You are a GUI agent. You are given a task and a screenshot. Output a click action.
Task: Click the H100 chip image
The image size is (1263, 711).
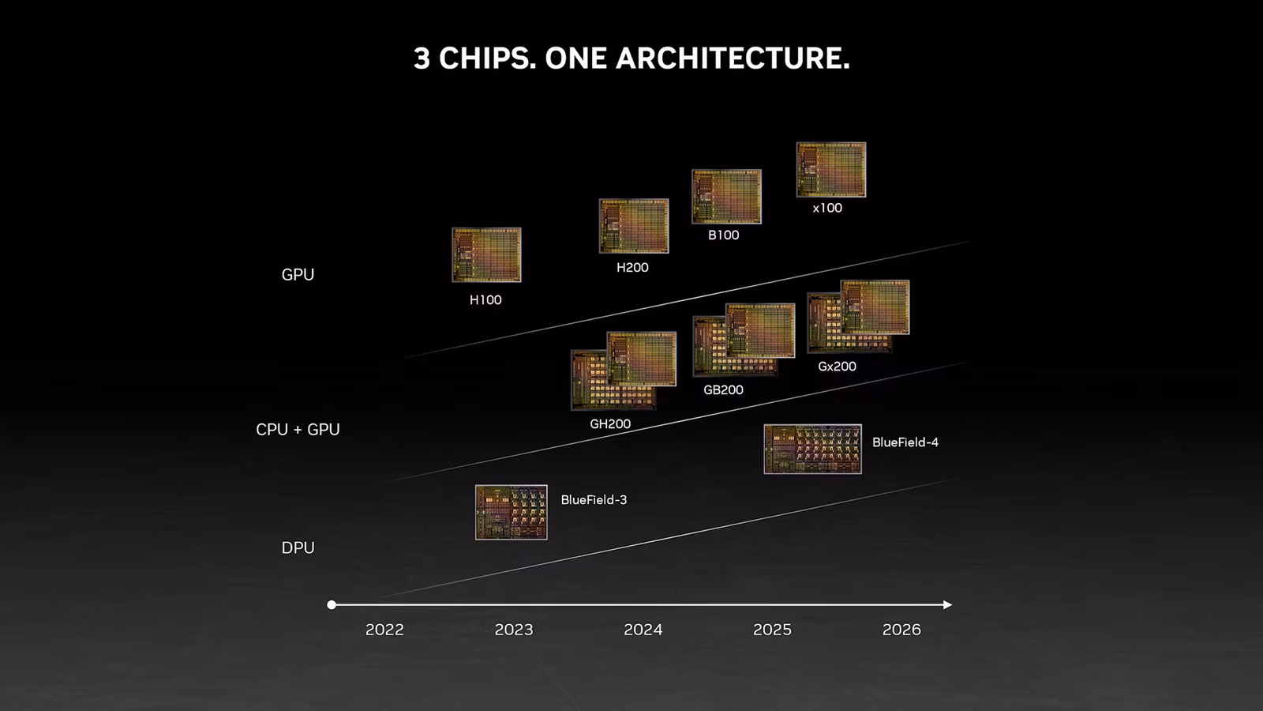pos(486,255)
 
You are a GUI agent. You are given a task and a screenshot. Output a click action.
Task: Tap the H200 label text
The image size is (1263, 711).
pos(632,268)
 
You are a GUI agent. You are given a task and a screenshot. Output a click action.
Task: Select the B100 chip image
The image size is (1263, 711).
pos(727,197)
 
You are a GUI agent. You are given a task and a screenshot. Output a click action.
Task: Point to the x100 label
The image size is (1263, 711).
pos(827,209)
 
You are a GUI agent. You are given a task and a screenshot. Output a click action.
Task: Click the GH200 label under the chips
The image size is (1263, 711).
pos(610,423)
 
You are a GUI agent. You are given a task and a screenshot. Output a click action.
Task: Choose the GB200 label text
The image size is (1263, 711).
pos(723,390)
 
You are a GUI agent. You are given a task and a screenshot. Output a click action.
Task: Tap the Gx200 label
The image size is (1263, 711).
pos(838,367)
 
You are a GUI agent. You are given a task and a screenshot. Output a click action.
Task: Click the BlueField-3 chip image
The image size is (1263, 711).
pos(512,513)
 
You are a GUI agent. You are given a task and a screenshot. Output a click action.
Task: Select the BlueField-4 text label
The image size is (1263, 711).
pos(905,442)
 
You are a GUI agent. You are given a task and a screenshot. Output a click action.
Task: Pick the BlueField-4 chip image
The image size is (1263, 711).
pos(812,450)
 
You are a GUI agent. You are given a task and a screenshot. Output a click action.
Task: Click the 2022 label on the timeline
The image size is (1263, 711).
pos(384,630)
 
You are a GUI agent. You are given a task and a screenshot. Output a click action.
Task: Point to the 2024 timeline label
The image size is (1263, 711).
pos(643,630)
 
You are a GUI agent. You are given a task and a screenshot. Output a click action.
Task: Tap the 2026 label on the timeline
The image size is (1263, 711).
pos(901,630)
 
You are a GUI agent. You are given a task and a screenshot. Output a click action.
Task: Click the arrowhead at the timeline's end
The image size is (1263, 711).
pos(948,605)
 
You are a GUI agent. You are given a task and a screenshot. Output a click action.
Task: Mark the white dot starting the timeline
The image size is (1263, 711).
pos(332,605)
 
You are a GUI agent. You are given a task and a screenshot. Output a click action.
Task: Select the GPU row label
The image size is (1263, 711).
pos(298,275)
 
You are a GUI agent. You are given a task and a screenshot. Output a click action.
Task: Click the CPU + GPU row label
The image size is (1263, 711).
pos(298,430)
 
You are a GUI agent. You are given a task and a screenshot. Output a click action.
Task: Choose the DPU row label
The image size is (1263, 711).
pos(298,548)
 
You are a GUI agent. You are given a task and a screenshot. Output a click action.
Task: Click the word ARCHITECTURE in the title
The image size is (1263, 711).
pos(733,58)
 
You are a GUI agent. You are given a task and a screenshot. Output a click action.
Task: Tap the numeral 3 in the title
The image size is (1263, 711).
pos(422,58)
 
